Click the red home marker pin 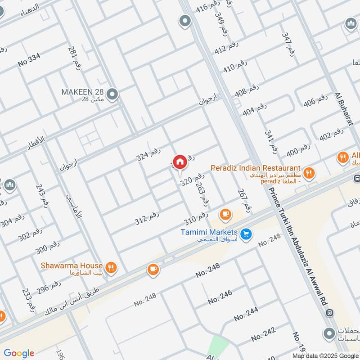180,162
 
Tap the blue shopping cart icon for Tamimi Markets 245,234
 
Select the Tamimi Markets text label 209,231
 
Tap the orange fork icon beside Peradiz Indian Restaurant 309,172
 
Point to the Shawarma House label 72,265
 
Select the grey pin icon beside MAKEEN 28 113,94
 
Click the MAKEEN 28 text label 83,92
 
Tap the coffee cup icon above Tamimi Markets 226,215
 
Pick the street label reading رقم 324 148,155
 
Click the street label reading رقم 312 147,218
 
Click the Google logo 19,353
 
